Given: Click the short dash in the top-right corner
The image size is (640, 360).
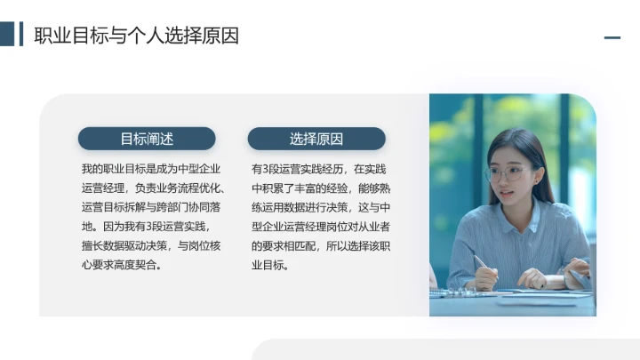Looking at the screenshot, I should [x=612, y=37].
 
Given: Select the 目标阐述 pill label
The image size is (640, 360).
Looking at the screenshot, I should [x=147, y=139].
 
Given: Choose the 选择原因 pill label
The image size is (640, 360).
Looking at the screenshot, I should [x=316, y=139].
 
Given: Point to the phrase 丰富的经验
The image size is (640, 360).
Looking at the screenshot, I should [x=320, y=188].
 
